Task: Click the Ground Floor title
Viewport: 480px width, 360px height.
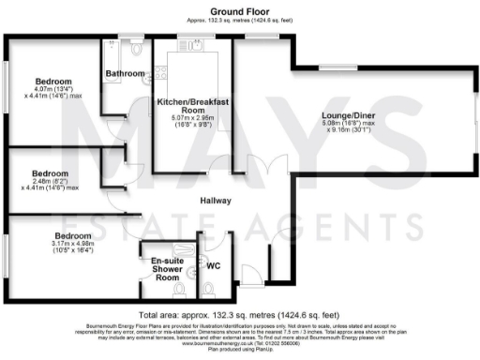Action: pos(240,9)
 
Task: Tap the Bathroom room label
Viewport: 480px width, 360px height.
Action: pos(125,73)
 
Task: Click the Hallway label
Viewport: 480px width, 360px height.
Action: pos(215,201)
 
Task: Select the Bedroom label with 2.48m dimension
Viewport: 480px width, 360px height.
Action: pos(50,173)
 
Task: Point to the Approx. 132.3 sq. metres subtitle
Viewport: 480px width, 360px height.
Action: pos(240,19)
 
